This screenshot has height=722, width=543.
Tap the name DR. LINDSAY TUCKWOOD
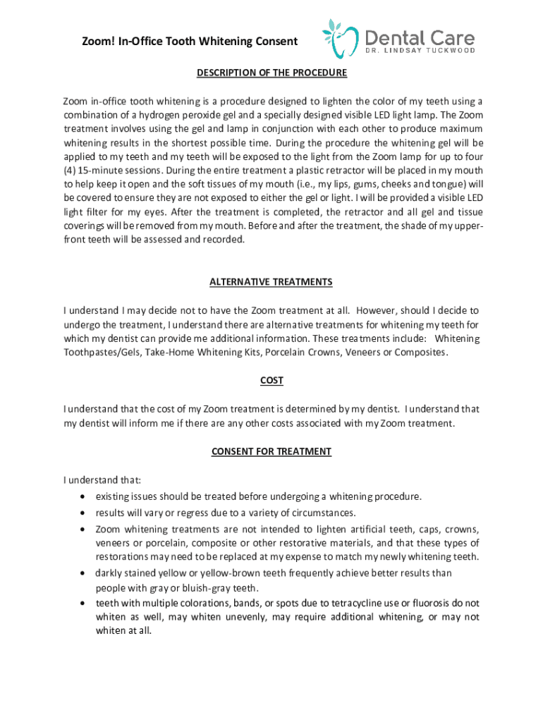[420, 51]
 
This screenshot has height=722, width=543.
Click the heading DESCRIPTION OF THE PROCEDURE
[271, 73]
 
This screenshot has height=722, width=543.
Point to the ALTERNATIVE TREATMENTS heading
[271, 282]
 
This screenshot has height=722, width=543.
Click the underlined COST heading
[271, 381]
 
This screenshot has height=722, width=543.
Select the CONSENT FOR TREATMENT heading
[271, 451]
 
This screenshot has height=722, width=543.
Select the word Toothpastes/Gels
[102, 353]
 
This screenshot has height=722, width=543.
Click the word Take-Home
[169, 353]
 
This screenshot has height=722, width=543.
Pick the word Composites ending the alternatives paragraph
[420, 353]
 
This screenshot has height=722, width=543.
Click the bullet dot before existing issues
[85, 496]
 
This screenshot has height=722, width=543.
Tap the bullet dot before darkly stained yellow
[85, 573]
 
